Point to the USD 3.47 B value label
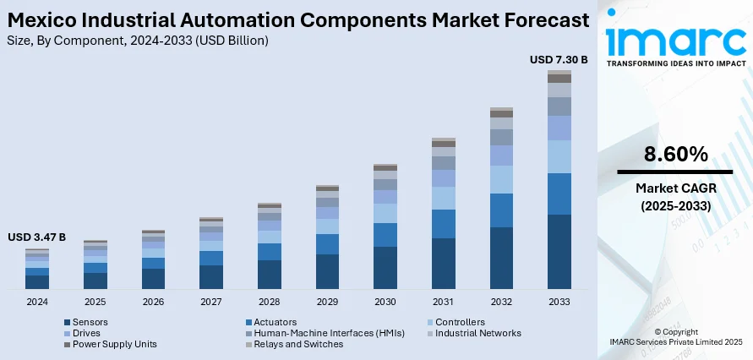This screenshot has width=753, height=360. [x=36, y=237]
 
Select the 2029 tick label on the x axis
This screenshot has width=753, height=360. [x=327, y=302]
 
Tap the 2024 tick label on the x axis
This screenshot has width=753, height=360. [x=37, y=302]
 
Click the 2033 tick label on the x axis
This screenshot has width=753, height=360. [x=559, y=302]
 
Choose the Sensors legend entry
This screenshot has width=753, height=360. [x=90, y=322]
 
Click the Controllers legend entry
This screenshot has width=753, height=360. [x=459, y=322]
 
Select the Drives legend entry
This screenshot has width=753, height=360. [x=85, y=333]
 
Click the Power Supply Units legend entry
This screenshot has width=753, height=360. [x=114, y=344]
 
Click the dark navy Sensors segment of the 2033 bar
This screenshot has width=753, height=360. [x=559, y=252]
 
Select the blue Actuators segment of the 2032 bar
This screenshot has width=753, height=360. [x=501, y=210]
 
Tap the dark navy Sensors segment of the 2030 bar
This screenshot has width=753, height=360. [x=385, y=268]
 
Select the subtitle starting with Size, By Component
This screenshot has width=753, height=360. [x=138, y=40]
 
